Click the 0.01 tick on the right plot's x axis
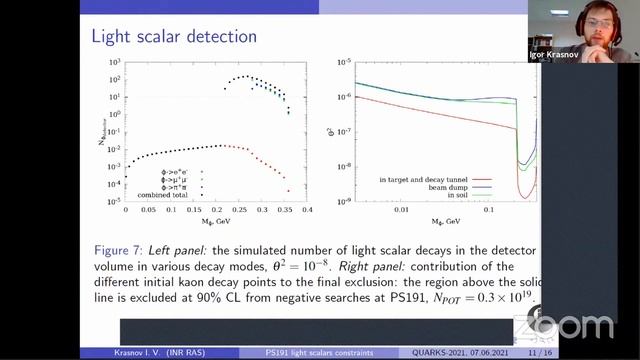[x=402, y=210]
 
